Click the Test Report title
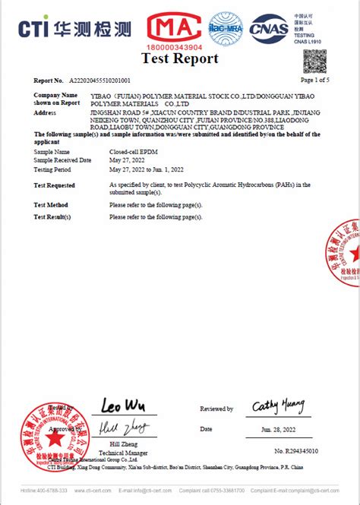(x=180, y=58)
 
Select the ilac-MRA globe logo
(x=226, y=29)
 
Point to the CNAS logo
(x=270, y=28)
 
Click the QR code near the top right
(x=314, y=61)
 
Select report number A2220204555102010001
(x=100, y=80)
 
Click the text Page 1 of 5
(x=315, y=80)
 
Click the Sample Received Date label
(x=63, y=160)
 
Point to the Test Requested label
(x=55, y=185)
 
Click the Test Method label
(x=51, y=205)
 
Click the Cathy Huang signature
(x=277, y=406)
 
